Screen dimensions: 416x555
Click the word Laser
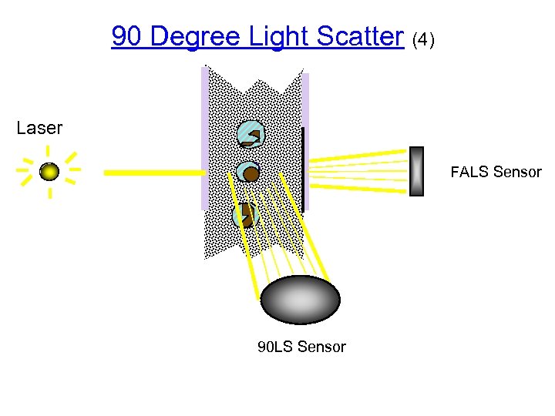click(x=39, y=128)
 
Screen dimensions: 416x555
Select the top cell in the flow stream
click(x=251, y=135)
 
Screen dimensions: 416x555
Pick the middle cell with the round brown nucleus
click(x=248, y=174)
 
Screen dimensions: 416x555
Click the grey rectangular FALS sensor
click(x=416, y=171)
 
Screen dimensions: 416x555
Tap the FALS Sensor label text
click(x=496, y=172)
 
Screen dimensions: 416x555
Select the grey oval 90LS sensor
click(x=300, y=300)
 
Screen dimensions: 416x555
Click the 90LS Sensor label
click(x=301, y=347)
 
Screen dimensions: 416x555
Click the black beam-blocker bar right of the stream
click(x=304, y=169)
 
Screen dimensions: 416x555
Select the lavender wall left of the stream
click(x=204, y=139)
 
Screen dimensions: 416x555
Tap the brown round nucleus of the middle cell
click(x=251, y=175)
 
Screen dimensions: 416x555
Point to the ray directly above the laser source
click(x=49, y=152)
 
